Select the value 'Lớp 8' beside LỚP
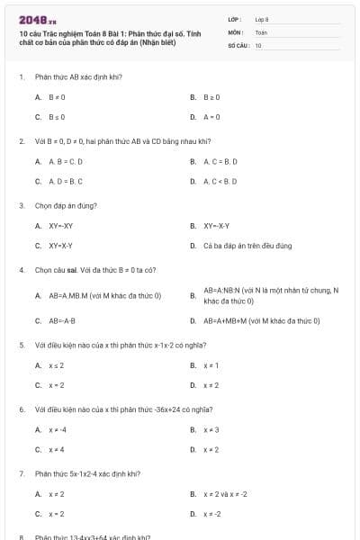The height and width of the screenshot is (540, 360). coord(262,19)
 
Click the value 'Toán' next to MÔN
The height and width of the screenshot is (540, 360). coord(261,31)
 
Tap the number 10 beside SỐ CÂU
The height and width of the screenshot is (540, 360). coord(258,44)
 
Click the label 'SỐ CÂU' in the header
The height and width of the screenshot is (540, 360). coord(237,44)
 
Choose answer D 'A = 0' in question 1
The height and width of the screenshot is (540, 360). coord(212,117)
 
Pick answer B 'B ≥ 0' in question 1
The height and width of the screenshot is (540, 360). coord(212,96)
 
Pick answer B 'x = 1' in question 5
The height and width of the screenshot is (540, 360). coord(211,365)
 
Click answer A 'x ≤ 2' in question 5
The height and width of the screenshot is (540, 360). coord(56,365)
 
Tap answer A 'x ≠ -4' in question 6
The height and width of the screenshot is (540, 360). coord(58,429)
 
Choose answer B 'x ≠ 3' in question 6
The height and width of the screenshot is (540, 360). coord(211,429)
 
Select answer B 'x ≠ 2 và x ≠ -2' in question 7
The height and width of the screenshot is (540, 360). coord(225,494)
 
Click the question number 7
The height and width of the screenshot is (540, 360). coord(21,473)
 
